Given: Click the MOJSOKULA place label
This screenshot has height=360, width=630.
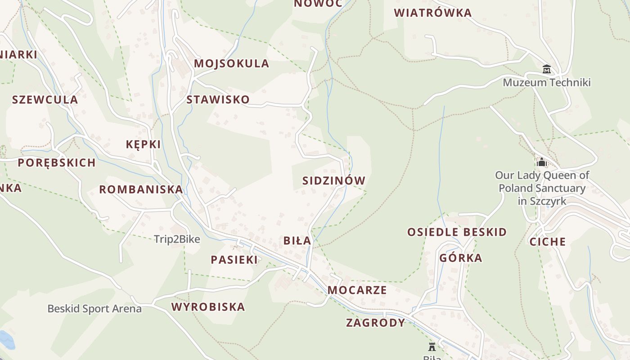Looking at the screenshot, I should tap(231, 63).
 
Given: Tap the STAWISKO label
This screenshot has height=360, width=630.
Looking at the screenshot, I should tap(218, 99).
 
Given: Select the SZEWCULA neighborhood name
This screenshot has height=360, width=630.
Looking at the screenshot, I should tap(45, 99).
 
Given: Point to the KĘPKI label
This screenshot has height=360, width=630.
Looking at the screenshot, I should tap(143, 144).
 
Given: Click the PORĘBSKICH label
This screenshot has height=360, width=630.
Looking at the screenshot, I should tap(57, 162).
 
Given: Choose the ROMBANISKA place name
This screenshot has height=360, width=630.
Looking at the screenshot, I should tap(141, 189).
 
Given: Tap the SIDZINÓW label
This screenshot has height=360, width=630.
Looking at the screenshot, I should tap(334, 180).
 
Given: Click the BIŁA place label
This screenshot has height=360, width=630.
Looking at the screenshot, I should tap(297, 241).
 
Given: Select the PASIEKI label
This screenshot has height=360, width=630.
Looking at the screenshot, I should tap(234, 260).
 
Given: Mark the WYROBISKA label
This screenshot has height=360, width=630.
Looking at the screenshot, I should tap(208, 307).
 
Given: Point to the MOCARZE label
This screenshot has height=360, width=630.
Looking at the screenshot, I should tap(357, 290).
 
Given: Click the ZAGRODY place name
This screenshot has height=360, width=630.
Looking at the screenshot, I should tap(376, 323).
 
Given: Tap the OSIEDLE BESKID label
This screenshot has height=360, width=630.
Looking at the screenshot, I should tap(457, 232).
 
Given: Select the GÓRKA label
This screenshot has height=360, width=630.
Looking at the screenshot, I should tap(461, 258).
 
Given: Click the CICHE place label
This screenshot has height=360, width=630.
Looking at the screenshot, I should tap(548, 242).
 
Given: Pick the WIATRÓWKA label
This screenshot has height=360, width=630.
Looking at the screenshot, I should tap(433, 13).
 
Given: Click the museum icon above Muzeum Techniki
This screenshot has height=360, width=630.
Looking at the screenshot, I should tap(547, 69).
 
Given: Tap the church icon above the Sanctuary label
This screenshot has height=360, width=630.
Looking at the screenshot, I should tap(541, 162).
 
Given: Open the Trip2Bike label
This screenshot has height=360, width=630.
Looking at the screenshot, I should tap(177, 239).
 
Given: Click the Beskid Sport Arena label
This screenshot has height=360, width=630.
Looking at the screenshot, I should tap(94, 309).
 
